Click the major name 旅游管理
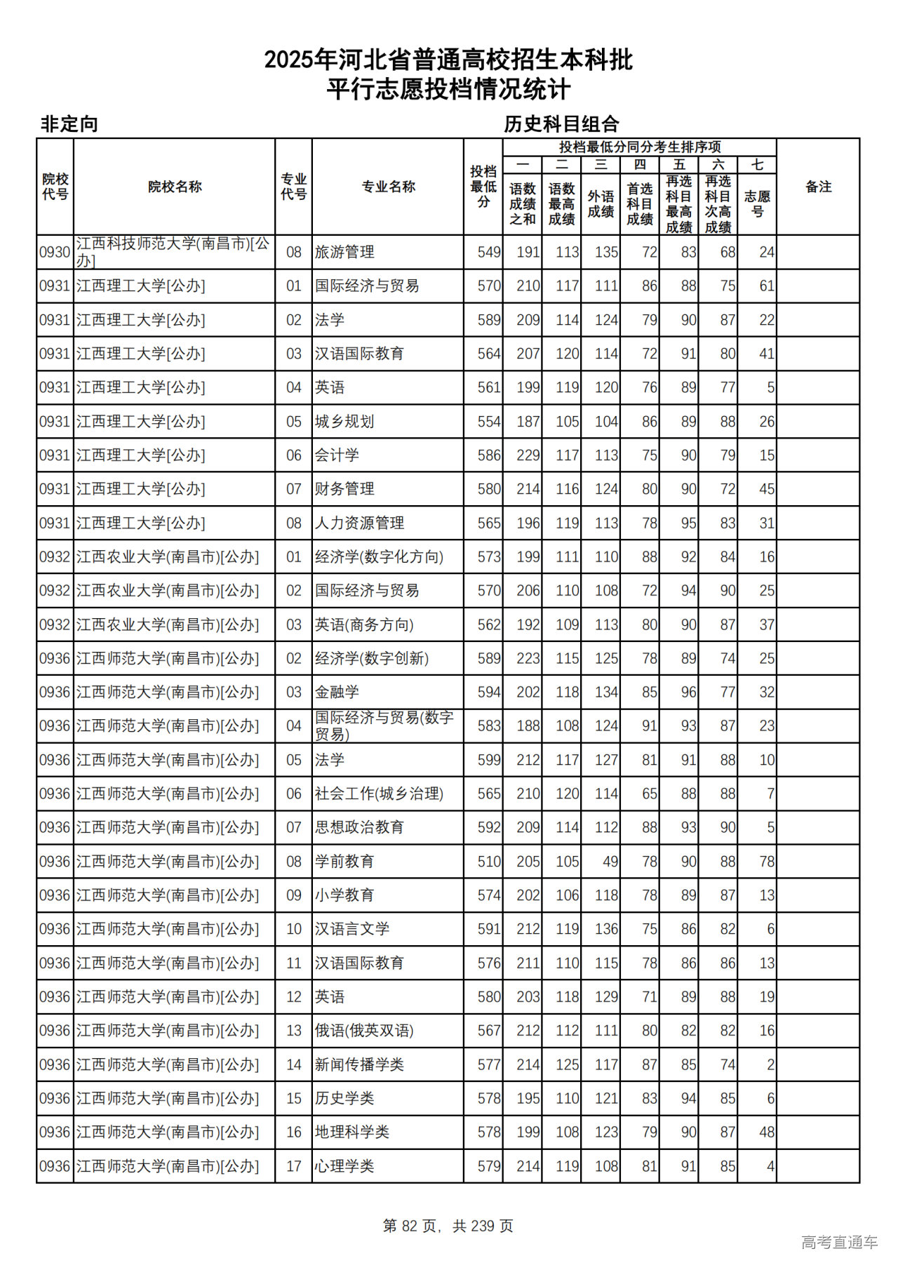click(344, 252)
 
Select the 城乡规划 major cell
click(344, 422)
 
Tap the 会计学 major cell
click(337, 455)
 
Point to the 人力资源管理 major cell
click(359, 523)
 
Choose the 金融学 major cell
click(337, 693)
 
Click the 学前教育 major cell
click(344, 862)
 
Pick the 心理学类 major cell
click(344, 1166)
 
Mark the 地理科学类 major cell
click(351, 1132)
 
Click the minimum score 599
click(489, 760)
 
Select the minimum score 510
click(489, 862)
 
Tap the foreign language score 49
click(610, 862)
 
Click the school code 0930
click(55, 252)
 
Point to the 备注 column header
click(818, 187)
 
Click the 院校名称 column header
click(175, 187)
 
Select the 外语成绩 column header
click(601, 203)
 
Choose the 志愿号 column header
click(757, 203)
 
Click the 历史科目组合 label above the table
click(561, 124)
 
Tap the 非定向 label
click(69, 124)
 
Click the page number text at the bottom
click(448, 1226)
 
